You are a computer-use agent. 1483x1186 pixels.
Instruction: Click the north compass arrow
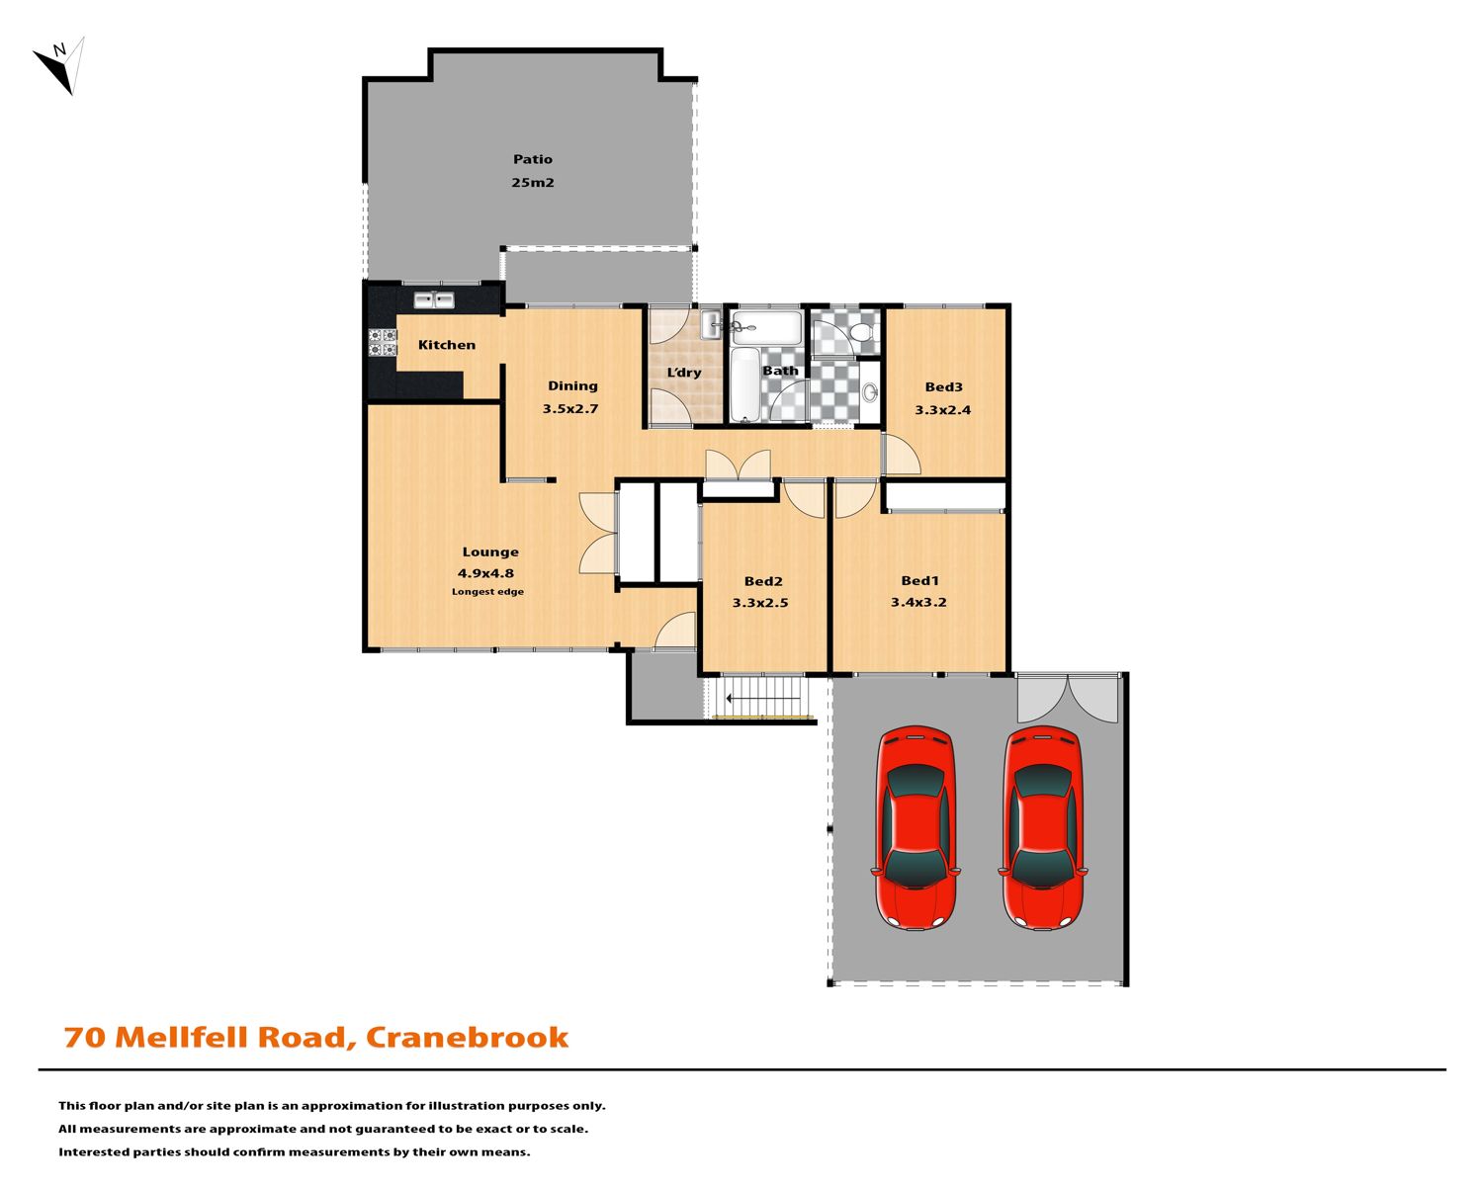pyautogui.click(x=58, y=65)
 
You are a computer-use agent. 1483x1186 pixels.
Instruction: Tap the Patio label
pyautogui.click(x=532, y=159)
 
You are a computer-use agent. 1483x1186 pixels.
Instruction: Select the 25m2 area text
pyautogui.click(x=533, y=183)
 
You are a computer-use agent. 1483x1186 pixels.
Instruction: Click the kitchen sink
pyautogui.click(x=434, y=300)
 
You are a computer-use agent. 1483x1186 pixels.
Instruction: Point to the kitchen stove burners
pyautogui.click(x=384, y=343)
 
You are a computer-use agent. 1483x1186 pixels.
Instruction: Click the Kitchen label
pyautogui.click(x=447, y=345)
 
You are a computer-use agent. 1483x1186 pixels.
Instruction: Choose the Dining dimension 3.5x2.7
pyautogui.click(x=569, y=408)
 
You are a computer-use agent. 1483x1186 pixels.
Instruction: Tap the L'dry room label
pyautogui.click(x=683, y=373)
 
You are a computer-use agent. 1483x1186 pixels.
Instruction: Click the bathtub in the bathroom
pyautogui.click(x=744, y=384)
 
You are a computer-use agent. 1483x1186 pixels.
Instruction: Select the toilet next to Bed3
pyautogui.click(x=861, y=333)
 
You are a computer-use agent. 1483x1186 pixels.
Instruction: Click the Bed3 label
pyautogui.click(x=943, y=387)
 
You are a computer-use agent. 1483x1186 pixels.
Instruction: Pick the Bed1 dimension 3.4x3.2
pyautogui.click(x=917, y=602)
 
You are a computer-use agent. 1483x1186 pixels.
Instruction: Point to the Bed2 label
pyautogui.click(x=763, y=581)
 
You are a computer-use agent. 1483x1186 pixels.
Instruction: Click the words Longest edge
pyautogui.click(x=487, y=592)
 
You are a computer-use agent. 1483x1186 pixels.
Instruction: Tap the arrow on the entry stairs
pyautogui.click(x=763, y=698)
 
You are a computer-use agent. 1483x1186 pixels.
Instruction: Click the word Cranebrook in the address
pyautogui.click(x=467, y=1038)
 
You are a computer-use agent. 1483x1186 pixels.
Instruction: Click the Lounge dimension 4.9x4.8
pyautogui.click(x=485, y=573)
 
